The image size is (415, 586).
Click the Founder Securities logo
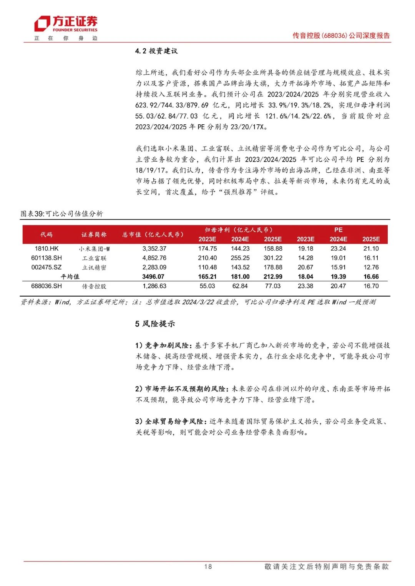tap(66, 25)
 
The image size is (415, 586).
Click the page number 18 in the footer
tap(208, 566)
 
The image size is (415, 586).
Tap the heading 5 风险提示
tap(155, 324)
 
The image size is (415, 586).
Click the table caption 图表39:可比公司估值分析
tap(61, 214)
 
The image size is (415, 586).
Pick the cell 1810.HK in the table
tap(46, 249)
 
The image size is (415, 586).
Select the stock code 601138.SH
tap(46, 258)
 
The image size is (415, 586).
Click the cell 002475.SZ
tap(46, 267)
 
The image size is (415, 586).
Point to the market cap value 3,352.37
tap(154, 249)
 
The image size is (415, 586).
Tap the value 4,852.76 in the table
tap(154, 258)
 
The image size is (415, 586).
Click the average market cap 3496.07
tap(153, 277)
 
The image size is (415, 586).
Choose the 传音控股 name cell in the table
tap(94, 286)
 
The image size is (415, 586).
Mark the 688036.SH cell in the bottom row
tap(46, 286)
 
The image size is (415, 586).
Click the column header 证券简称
tap(94, 234)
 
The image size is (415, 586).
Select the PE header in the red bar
tap(338, 230)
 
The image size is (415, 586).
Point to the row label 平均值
tap(70, 277)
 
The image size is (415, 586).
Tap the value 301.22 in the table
tap(273, 258)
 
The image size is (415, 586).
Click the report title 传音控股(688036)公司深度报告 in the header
tap(341, 36)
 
